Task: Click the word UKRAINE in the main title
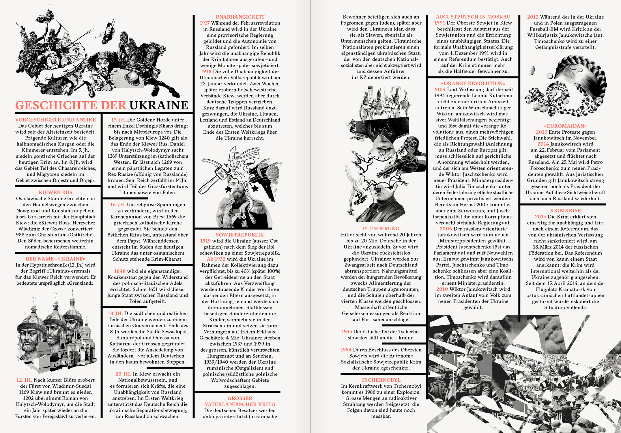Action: [x=159, y=105]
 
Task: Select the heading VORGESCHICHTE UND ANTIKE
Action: [x=55, y=120]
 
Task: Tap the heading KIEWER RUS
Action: [x=55, y=193]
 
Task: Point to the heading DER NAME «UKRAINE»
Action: [x=55, y=259]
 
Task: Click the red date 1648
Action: [x=120, y=271]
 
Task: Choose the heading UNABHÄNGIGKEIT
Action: [x=240, y=17]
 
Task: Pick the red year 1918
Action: [x=206, y=72]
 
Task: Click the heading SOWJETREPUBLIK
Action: [x=240, y=235]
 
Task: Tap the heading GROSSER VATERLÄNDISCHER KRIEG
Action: [x=240, y=402]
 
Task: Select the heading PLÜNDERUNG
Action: [x=381, y=229]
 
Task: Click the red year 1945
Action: [x=347, y=332]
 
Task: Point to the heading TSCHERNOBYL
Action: [x=381, y=380]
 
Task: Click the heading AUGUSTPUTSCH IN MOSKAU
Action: [x=473, y=17]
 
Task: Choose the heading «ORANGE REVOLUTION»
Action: [x=473, y=83]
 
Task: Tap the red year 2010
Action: [x=442, y=289]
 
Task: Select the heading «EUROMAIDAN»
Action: [x=565, y=126]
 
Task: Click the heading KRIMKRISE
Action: [x=565, y=211]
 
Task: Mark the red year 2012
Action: [x=533, y=17]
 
